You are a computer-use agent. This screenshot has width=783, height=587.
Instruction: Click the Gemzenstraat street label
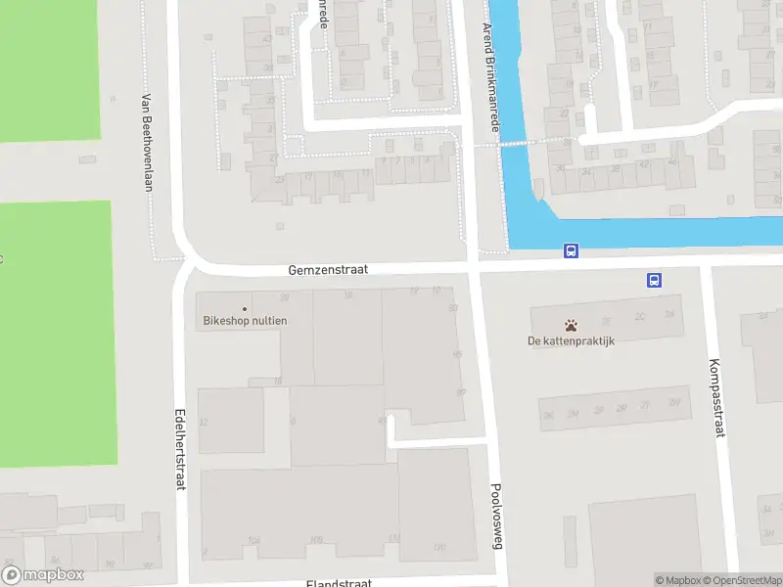tap(328, 269)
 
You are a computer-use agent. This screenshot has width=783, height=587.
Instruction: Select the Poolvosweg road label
tap(496, 516)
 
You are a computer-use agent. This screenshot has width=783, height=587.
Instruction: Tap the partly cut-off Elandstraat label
tap(339, 583)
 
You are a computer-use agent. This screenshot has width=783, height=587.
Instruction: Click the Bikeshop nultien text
tap(245, 320)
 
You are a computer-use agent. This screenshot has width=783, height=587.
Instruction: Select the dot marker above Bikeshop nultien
tap(245, 308)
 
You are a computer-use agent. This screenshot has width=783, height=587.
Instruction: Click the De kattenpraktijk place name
tap(570, 340)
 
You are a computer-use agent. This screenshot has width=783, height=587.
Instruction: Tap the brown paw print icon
tap(571, 324)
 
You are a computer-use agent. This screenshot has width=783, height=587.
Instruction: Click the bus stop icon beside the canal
tap(571, 250)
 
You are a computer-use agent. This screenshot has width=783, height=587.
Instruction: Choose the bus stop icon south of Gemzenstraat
tap(654, 280)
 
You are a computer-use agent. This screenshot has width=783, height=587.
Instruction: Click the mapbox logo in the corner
tap(43, 575)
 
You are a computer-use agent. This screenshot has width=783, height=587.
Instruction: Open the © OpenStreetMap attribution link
tap(742, 580)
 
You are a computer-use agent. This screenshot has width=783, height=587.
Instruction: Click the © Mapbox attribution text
tap(678, 580)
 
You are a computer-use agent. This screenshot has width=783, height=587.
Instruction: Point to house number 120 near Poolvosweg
tap(439, 545)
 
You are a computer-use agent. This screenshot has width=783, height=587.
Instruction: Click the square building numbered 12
tap(231, 421)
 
